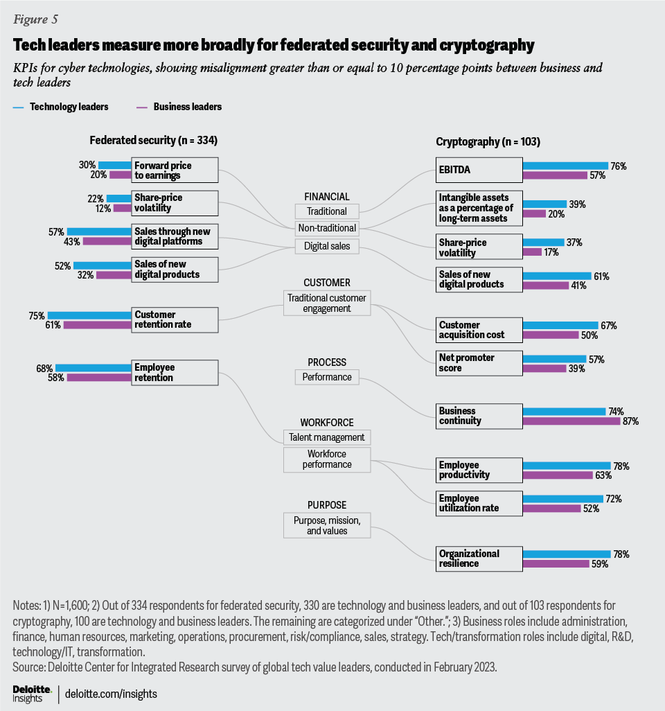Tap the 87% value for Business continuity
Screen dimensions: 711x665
(x=630, y=421)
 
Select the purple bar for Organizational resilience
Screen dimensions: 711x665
(x=562, y=564)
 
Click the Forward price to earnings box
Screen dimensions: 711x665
(x=175, y=170)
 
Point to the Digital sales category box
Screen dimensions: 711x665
(x=327, y=245)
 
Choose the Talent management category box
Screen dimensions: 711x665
(x=327, y=437)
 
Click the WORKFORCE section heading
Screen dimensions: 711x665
(x=327, y=422)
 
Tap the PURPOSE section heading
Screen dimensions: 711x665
(x=327, y=505)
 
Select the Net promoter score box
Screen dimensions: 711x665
(x=478, y=363)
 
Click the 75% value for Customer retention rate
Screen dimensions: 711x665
(x=37, y=315)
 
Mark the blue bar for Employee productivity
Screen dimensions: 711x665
(x=566, y=466)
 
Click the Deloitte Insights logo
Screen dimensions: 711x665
(x=32, y=693)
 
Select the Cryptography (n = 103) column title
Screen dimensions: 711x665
(x=488, y=141)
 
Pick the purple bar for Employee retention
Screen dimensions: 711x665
(x=98, y=378)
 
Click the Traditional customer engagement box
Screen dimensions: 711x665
(x=327, y=303)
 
